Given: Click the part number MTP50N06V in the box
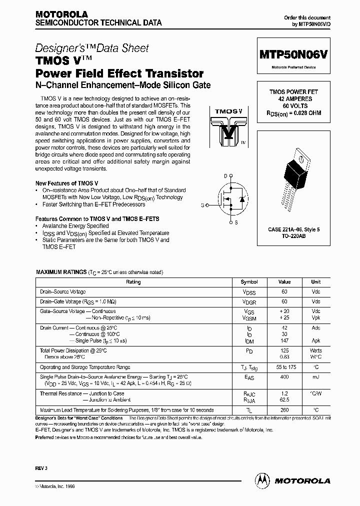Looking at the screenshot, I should pos(293,54).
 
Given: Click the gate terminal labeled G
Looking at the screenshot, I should pos(202,205).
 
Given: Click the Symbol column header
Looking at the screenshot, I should pos(249,282).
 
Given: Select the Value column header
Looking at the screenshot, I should pos(284,282).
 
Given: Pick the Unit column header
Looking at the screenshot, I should pos(315,282).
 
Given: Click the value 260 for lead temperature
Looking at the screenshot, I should pos(284,409).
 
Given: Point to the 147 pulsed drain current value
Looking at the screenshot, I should pos(284,340).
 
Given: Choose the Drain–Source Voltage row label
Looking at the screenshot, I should pos(63,291).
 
